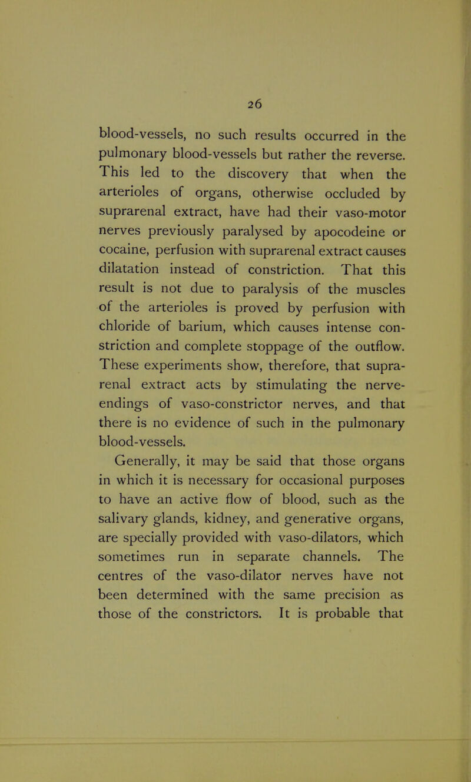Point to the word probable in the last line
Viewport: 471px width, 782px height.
(x=334, y=595)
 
